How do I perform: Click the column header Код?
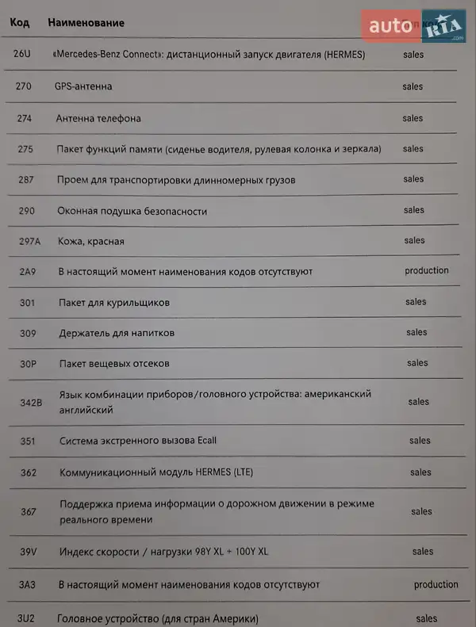pos(20,23)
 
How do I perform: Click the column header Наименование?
pos(86,23)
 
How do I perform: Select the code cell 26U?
pos(23,55)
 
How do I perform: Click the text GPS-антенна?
pos(83,86)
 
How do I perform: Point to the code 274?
pos(25,118)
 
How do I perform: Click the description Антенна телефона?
pos(98,118)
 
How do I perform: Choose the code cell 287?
pos(26,180)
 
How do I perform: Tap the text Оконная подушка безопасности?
pos(132,211)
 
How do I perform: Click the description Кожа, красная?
pos(90,241)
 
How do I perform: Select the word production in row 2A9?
pos(427,270)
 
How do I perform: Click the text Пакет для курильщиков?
pos(114,303)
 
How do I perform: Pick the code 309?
pos(28,333)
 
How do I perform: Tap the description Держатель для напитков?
pos(117,333)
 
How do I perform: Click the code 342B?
pos(31,403)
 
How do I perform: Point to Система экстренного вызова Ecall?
pos(138,441)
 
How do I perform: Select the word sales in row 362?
pos(420,472)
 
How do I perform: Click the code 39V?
pos(29,552)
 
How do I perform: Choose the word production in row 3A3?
pos(436,584)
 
